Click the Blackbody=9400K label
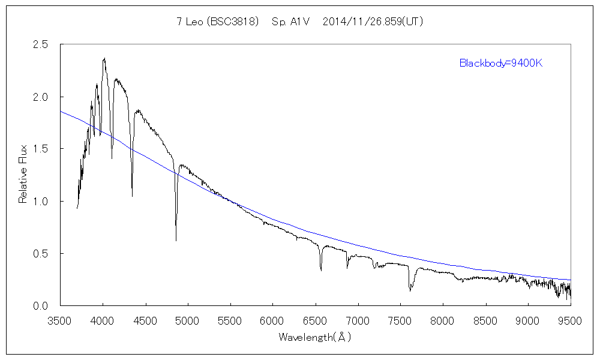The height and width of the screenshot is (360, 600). [501, 63]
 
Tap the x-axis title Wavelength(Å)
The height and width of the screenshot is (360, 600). [314, 337]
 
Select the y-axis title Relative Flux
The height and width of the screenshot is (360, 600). [23, 175]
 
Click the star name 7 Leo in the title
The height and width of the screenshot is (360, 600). [189, 22]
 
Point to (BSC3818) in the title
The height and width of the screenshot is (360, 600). [232, 22]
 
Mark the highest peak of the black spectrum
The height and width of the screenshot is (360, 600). [104, 58]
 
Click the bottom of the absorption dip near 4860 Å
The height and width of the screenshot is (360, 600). [176, 240]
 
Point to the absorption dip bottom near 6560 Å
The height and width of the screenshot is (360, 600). [321, 270]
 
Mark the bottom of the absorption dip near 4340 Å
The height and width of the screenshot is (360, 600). [132, 196]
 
